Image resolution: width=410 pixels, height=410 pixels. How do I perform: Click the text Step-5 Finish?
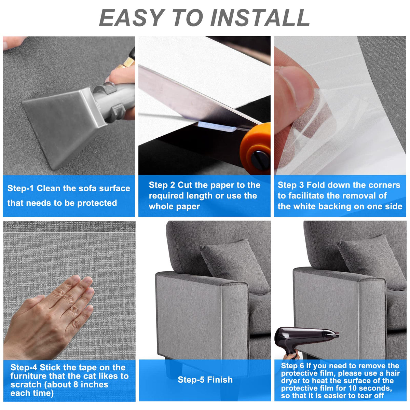click(x=205, y=380)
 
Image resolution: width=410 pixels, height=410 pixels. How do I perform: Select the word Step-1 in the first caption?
click(x=20, y=188)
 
